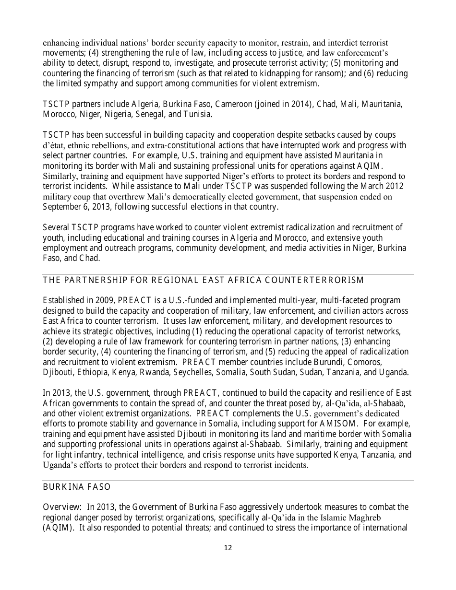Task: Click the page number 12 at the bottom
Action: pos(228,548)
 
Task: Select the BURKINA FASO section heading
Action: pos(77,487)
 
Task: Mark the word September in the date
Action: pos(60,207)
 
